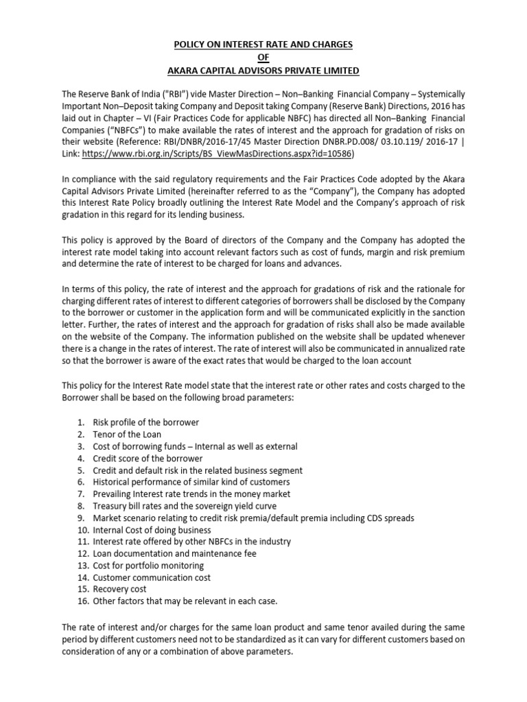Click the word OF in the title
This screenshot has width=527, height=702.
(263, 58)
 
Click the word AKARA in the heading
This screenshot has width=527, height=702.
(185, 71)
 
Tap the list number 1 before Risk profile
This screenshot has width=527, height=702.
(81, 422)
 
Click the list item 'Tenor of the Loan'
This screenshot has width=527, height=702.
(128, 435)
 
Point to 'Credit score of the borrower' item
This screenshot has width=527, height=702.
(148, 458)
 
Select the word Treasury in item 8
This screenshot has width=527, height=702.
(112, 506)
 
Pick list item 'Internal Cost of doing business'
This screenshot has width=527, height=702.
(152, 530)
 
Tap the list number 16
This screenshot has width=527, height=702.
(82, 601)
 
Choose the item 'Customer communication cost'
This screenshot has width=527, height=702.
(152, 577)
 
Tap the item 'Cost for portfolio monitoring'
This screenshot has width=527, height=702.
(148, 566)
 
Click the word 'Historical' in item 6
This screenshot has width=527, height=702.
(115, 482)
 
